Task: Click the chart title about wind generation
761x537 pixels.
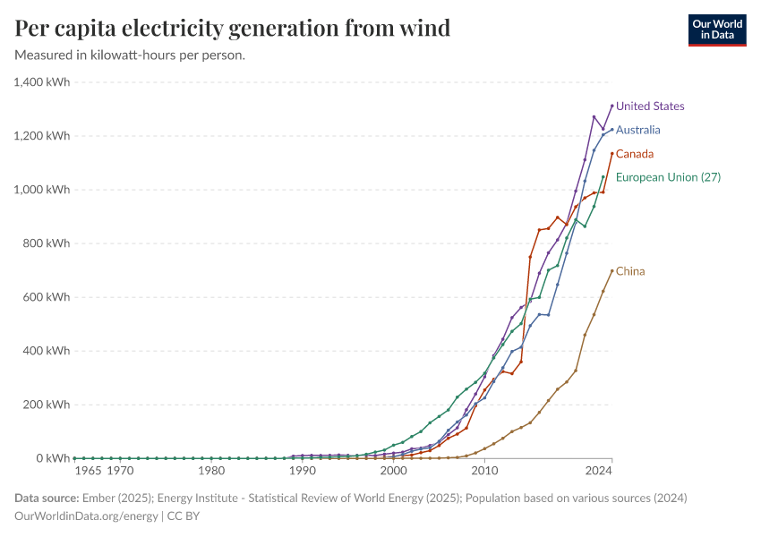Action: point(233,29)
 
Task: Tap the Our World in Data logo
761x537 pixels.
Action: point(716,30)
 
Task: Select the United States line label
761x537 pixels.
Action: point(650,106)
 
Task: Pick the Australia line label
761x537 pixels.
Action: point(638,130)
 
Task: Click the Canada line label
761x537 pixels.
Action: point(635,154)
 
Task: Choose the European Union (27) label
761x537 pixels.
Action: point(668,177)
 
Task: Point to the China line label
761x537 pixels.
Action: point(630,271)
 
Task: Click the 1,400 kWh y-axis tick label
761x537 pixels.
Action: point(42,82)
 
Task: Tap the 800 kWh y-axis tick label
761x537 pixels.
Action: point(47,243)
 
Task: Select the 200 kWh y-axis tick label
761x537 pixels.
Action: point(47,405)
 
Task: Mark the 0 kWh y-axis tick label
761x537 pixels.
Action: point(53,458)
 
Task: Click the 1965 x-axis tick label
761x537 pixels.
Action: point(88,471)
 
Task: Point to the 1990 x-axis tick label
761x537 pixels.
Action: point(303,471)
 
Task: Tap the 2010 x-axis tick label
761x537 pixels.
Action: point(484,471)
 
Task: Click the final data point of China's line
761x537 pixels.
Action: point(611,271)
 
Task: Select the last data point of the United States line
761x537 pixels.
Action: point(611,106)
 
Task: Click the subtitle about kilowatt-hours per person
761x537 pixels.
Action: point(130,55)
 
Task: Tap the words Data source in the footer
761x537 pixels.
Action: point(46,498)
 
